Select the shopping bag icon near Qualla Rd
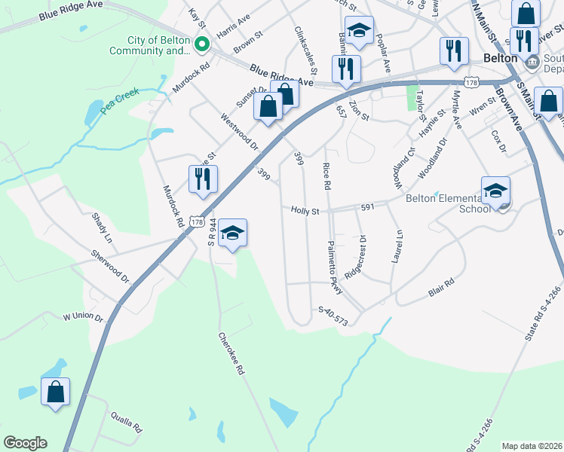55,392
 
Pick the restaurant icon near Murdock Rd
202,179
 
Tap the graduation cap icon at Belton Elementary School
495,191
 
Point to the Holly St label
305,212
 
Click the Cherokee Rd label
232,354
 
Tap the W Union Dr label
82,316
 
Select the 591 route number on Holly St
368,206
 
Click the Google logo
25,443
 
